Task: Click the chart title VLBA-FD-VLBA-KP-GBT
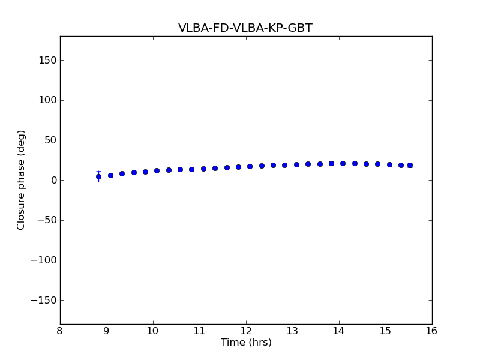point(245,28)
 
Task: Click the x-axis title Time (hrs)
point(246,343)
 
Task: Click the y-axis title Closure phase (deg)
point(22,180)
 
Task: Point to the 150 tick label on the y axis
point(47,60)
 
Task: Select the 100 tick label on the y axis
point(47,100)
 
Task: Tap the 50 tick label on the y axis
point(50,140)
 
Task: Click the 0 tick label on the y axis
point(53,180)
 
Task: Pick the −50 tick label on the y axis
point(46,220)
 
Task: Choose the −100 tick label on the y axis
point(44,260)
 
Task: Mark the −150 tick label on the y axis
point(44,300)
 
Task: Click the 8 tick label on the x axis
point(60,331)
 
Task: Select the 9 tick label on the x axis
point(107,331)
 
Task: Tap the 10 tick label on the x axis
point(153,331)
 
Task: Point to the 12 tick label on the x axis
point(246,331)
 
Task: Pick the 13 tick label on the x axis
point(292,331)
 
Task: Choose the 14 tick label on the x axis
point(339,331)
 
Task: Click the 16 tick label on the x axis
point(432,331)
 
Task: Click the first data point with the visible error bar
point(98,176)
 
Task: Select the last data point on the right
point(410,165)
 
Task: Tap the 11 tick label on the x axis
point(199,331)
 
